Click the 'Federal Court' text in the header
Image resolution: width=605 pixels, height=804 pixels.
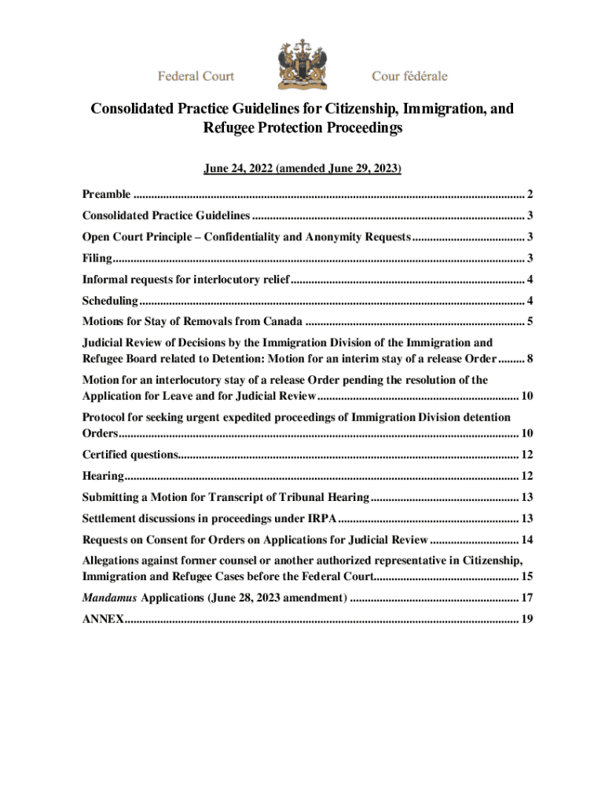click(x=196, y=76)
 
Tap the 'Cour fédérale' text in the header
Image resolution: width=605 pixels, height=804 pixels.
click(x=409, y=76)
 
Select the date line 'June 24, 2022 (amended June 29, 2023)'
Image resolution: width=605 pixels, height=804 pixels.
click(x=302, y=168)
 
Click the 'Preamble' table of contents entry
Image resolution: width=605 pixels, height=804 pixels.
click(x=108, y=194)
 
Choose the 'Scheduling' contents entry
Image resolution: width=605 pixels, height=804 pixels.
click(x=111, y=300)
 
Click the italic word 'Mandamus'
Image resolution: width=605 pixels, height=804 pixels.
click(x=110, y=598)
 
